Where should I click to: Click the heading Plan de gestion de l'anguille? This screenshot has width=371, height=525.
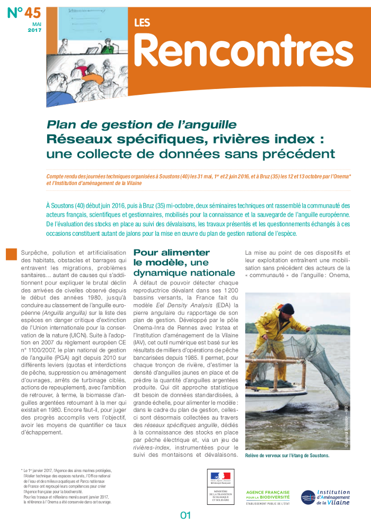[x=142, y=125]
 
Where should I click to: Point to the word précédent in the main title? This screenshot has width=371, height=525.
[x=297, y=154]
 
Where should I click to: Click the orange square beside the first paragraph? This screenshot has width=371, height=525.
[x=11, y=254]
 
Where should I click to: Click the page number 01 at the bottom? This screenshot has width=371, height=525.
[x=185, y=515]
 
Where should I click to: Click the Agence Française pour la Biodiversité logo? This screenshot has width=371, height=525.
[x=268, y=497]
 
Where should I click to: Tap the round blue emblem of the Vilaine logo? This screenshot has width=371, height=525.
[x=308, y=497]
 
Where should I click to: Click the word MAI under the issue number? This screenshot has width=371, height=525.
[x=37, y=24]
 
